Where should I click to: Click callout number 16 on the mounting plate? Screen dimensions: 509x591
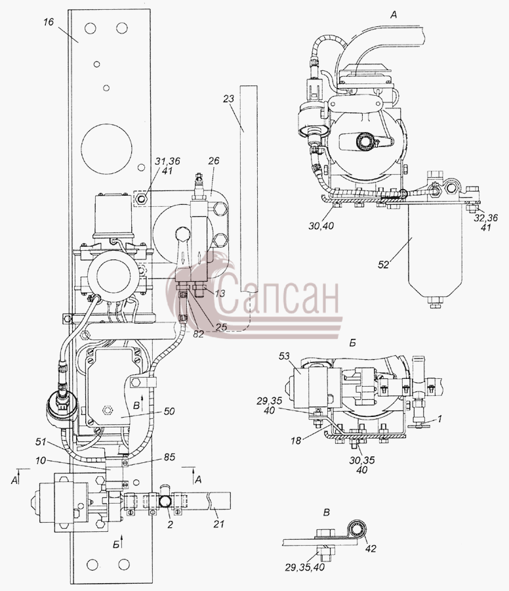[x=49, y=22]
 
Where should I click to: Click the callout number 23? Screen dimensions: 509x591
[x=228, y=99]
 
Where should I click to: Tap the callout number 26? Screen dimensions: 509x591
[x=213, y=162]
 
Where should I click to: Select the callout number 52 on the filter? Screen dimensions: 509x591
[x=383, y=265]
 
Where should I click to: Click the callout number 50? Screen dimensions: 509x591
[x=169, y=411]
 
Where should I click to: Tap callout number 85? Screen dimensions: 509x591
[x=169, y=457]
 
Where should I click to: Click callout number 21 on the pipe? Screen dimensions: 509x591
[x=218, y=523]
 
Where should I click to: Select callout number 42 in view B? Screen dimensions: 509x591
[x=371, y=548]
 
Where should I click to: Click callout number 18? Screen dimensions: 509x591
[x=296, y=440]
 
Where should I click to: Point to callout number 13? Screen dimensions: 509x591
[x=220, y=293]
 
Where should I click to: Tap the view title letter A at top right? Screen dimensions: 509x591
[x=394, y=16]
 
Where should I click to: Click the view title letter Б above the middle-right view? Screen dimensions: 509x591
[x=353, y=343]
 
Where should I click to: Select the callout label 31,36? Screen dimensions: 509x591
[x=167, y=162]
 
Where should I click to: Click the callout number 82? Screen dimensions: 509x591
[x=197, y=334]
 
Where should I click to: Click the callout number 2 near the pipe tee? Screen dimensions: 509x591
[x=170, y=524]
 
